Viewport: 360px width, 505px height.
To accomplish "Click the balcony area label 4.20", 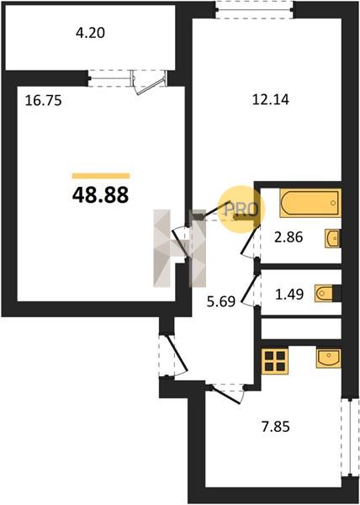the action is (x=90, y=33).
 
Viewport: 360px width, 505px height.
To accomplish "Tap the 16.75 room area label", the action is (x=44, y=101).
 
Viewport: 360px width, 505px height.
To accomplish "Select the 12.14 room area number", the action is (x=271, y=100).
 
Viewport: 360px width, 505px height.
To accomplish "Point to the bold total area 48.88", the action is (x=100, y=195).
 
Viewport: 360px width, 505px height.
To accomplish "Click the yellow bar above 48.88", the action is (x=101, y=176).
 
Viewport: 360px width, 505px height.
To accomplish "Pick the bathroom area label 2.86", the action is (x=289, y=237).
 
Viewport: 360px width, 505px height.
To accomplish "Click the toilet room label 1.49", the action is (x=289, y=294).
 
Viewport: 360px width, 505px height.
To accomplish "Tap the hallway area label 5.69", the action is (x=221, y=302).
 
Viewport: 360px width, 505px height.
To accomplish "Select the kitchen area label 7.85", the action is (x=275, y=427).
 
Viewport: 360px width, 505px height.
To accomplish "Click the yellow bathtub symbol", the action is (x=310, y=203).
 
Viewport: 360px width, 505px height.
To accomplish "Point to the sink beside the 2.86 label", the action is (x=332, y=238).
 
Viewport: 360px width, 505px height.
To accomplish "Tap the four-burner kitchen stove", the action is (x=275, y=361).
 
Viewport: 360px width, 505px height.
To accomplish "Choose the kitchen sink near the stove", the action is (x=329, y=359).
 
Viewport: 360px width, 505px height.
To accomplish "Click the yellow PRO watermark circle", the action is (x=241, y=209).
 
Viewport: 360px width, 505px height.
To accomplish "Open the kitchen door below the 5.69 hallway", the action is (x=227, y=394).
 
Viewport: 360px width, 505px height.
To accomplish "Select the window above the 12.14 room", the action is (x=254, y=9).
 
